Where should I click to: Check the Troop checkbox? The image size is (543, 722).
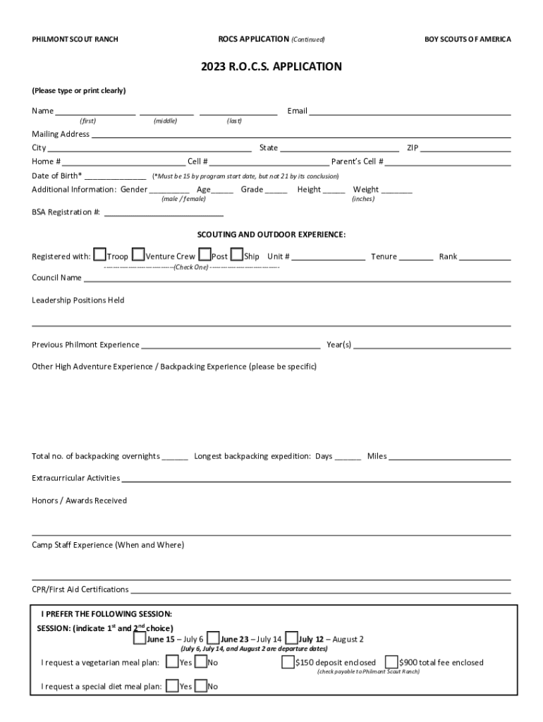100,255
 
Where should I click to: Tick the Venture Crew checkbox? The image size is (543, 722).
139,255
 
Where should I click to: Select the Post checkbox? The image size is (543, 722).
205,255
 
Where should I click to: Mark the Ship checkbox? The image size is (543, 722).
237,255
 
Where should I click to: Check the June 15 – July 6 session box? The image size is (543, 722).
140,639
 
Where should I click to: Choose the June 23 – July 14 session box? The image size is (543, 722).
214,639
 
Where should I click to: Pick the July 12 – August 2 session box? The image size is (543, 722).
291,639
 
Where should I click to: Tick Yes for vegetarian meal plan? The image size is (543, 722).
171,662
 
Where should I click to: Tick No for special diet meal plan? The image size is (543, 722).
201,685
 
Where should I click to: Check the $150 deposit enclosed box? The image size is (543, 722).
288,662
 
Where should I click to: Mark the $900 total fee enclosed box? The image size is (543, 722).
391,662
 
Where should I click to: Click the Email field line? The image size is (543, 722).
410,111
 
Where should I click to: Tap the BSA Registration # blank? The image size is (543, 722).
164,213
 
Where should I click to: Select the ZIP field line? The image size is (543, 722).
466,149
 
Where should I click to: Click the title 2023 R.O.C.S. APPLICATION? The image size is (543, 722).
271,67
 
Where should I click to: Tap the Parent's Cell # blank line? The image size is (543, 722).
448,162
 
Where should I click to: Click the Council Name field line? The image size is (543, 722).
297,279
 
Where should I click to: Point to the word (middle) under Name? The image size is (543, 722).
165,121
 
